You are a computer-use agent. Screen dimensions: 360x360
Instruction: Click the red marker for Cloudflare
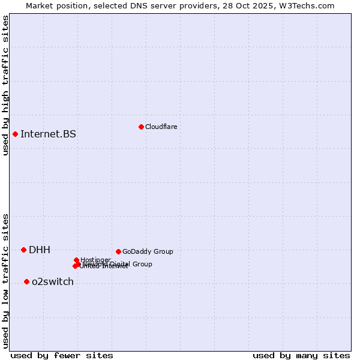pos(141,127)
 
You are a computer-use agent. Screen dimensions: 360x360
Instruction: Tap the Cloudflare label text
pos(161,127)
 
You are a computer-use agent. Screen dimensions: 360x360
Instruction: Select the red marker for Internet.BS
pos(15,134)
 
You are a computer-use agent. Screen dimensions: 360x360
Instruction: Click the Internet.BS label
pos(48,134)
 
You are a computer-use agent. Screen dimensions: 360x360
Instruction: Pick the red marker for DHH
pos(23,250)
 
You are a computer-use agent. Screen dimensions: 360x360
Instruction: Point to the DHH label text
pos(40,250)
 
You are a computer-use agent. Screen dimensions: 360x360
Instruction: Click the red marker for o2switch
pos(26,281)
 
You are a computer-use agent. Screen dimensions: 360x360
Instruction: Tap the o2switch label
pos(53,281)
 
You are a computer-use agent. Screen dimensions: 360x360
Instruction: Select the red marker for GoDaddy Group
pos(118,251)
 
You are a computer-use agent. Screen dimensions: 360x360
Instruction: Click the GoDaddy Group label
pos(148,251)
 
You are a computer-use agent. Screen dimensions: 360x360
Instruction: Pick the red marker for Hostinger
pos(77,260)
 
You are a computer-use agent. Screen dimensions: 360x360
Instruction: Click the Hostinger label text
pos(95,260)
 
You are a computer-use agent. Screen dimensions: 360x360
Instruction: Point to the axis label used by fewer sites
pos(62,355)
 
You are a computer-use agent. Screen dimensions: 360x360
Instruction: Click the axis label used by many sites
pos(301,355)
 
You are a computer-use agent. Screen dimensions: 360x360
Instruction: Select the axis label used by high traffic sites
pos(6,85)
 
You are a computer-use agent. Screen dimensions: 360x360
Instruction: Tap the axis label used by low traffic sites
pos(6,280)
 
